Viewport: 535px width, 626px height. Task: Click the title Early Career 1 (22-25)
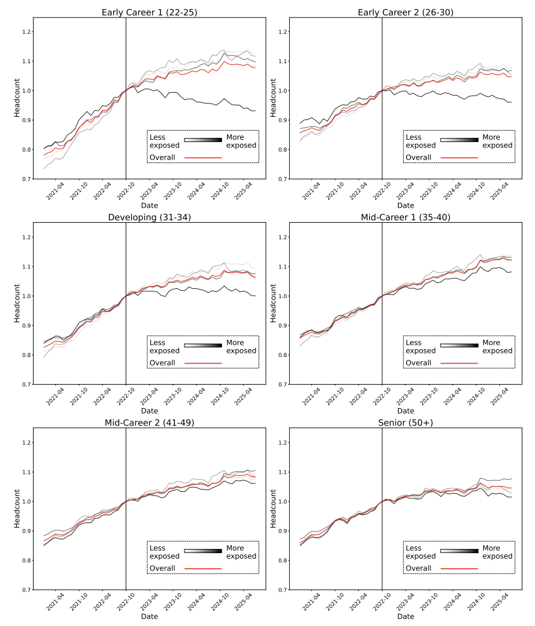coord(150,13)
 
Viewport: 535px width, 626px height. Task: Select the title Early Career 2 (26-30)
coord(405,13)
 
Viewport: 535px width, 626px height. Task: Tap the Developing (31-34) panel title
coord(150,217)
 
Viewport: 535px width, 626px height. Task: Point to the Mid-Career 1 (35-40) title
coord(405,217)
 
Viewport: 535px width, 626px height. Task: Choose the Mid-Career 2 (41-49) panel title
coord(150,423)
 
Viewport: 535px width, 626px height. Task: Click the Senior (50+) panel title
coord(405,423)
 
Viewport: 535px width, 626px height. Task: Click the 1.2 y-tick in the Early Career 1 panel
coord(26,32)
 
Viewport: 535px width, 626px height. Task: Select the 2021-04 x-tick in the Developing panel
coord(55,397)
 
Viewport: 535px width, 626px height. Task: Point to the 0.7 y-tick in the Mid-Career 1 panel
coord(283,385)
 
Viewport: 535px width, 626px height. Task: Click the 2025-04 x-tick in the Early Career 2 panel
coord(500,191)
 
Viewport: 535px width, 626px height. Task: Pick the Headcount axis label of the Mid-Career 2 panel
coord(17,509)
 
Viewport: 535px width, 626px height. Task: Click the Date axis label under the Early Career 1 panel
coord(150,206)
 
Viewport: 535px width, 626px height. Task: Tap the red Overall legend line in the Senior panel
coord(459,568)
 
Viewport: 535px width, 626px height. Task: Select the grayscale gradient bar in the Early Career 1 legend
coord(203,140)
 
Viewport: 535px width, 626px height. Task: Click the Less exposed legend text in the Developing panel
coord(164,347)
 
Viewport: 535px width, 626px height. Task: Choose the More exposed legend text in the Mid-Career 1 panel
coord(498,347)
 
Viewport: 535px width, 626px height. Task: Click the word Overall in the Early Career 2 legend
coord(418,158)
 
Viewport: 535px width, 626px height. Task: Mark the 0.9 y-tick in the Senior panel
coord(283,531)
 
